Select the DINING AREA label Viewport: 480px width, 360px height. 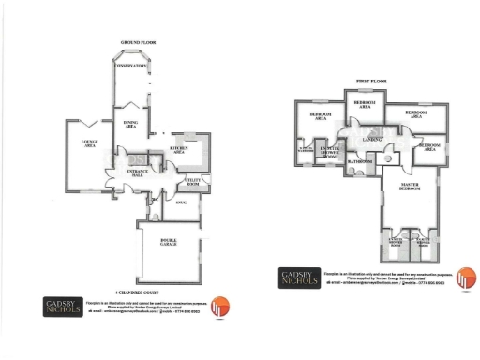click(130, 124)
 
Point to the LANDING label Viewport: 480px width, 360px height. click(372, 140)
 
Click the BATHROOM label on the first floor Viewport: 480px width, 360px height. click(359, 161)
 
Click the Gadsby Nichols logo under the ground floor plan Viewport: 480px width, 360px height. click(63, 307)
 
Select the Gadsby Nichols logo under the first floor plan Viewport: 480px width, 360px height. click(300, 278)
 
